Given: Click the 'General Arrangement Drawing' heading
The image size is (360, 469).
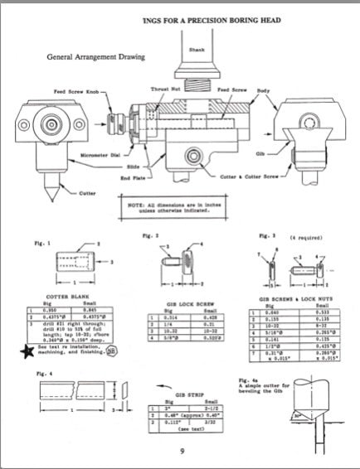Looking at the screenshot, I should tap(96, 57).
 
